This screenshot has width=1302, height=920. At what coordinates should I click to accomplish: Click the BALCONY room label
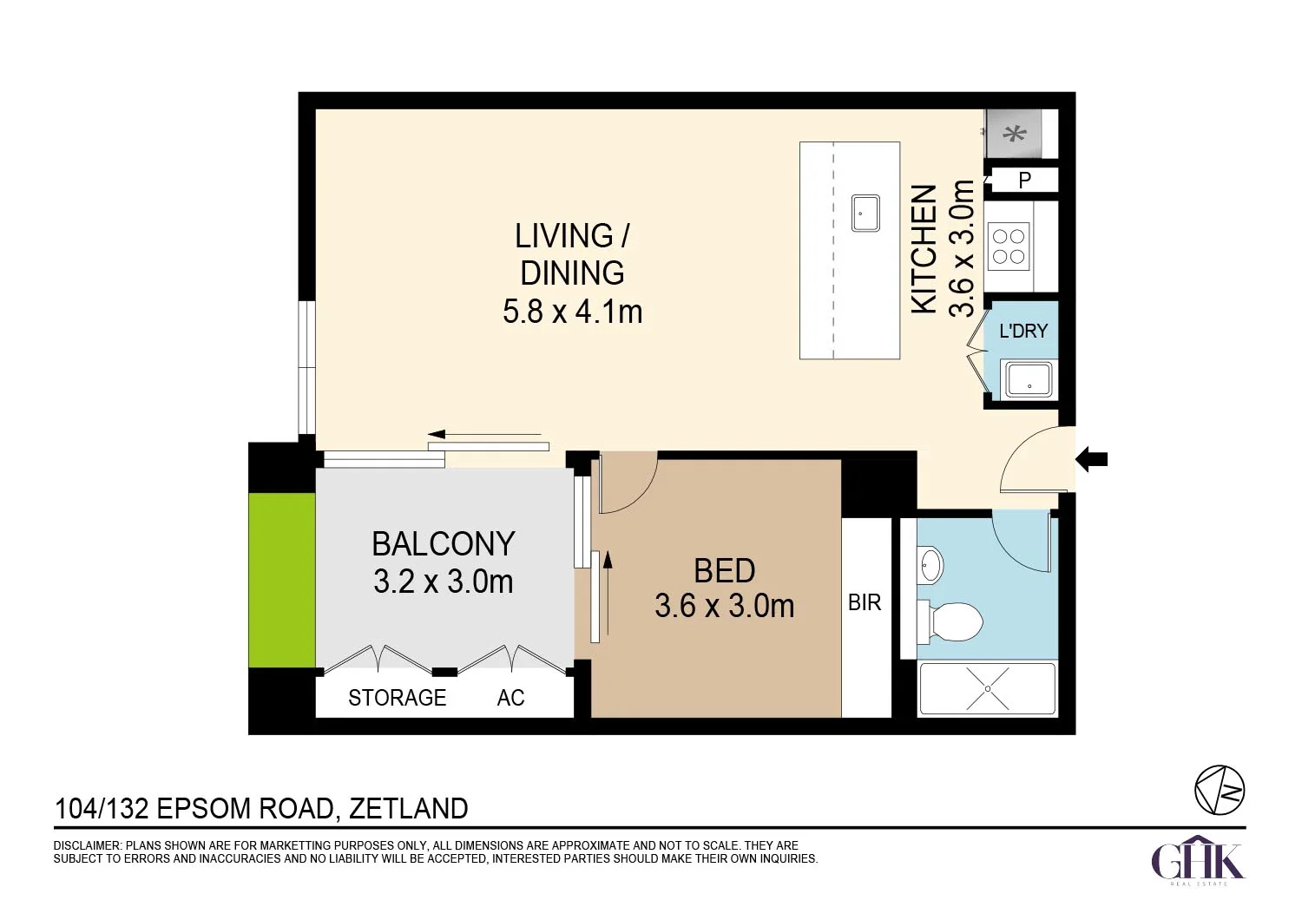[443, 544]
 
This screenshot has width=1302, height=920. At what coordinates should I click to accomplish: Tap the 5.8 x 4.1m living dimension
[573, 312]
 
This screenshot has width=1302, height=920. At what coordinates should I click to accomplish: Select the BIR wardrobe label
[865, 602]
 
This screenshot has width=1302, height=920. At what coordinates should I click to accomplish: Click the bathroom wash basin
[931, 564]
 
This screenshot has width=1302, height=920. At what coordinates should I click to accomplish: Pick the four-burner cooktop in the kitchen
[1009, 246]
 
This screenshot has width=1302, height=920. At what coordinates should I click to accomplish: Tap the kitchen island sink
[865, 214]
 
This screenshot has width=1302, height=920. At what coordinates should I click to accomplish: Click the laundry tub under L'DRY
[1029, 379]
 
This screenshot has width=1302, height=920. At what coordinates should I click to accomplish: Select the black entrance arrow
[1092, 460]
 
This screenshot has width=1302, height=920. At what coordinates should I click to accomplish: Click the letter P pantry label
[1025, 181]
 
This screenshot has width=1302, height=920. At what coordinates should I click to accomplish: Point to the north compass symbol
[1220, 791]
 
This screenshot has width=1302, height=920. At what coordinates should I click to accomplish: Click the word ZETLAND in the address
[408, 808]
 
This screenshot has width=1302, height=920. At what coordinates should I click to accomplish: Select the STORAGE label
[397, 698]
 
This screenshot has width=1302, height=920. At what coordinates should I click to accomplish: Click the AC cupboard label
[511, 698]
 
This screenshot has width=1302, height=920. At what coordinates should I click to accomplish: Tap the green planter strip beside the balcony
[282, 580]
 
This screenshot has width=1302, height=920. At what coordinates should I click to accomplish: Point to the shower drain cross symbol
[988, 688]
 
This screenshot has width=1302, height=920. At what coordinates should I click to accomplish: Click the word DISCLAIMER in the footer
[87, 845]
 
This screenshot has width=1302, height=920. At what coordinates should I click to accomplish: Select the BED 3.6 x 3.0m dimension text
[725, 606]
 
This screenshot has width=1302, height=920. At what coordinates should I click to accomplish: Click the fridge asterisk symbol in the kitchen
[1015, 135]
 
